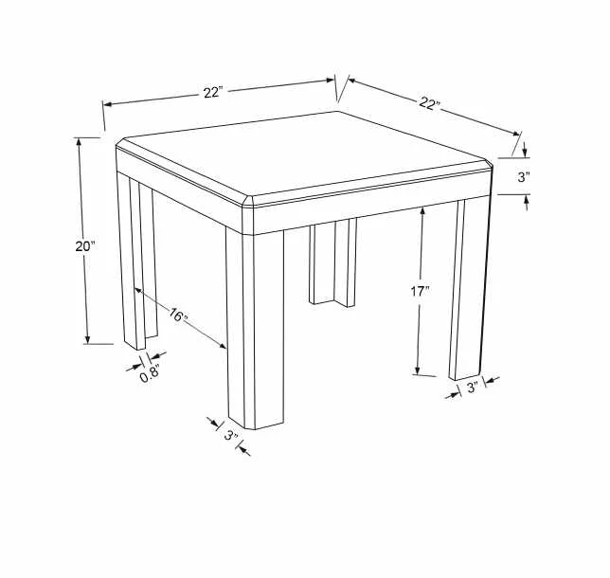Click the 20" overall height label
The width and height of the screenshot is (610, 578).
tap(85, 246)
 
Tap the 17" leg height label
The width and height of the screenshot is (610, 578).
tap(420, 291)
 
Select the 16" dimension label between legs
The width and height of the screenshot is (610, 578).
tap(178, 315)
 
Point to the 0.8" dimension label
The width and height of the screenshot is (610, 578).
tap(150, 374)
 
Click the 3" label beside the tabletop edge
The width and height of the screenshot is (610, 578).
tap(524, 177)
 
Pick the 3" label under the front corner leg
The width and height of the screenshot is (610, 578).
tap(231, 435)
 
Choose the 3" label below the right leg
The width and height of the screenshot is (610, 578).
tap(472, 388)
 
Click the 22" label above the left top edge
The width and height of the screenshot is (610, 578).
tap(213, 93)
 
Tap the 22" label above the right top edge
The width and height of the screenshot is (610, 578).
tap(429, 103)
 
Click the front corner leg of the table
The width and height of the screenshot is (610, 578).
tap(255, 329)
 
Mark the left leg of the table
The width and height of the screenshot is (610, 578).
tap(137, 261)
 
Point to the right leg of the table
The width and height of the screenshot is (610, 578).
tap(469, 288)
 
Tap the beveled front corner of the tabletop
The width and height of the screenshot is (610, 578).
tap(247, 203)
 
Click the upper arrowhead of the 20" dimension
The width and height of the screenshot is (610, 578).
tap(80, 142)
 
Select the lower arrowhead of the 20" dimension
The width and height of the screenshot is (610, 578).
tap(87, 339)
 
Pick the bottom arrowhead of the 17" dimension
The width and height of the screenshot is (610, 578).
tap(418, 370)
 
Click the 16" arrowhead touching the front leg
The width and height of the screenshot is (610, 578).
tap(222, 345)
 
